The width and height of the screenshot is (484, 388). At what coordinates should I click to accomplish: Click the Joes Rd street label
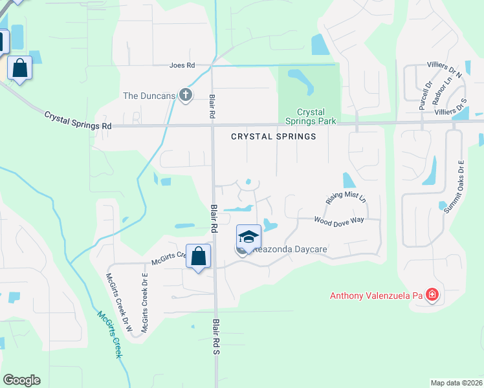click(x=182, y=65)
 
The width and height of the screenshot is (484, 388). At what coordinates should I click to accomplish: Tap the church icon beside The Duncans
click(x=186, y=96)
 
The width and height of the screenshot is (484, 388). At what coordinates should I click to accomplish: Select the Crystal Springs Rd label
click(x=78, y=120)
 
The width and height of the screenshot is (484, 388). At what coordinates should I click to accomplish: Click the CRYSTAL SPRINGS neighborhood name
click(x=274, y=136)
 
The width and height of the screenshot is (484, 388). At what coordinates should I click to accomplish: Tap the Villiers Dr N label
click(x=445, y=69)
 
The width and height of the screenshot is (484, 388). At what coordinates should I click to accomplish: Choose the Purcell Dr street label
click(x=423, y=94)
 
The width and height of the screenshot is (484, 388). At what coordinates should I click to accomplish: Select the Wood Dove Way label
click(x=339, y=220)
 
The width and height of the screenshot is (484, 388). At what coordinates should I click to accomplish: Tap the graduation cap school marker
click(x=248, y=237)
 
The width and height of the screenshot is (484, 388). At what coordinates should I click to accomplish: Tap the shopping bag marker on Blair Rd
click(x=198, y=255)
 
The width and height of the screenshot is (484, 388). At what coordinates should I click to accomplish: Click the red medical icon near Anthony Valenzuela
click(x=432, y=296)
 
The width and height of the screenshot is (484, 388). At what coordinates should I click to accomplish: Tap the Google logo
click(x=21, y=380)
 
